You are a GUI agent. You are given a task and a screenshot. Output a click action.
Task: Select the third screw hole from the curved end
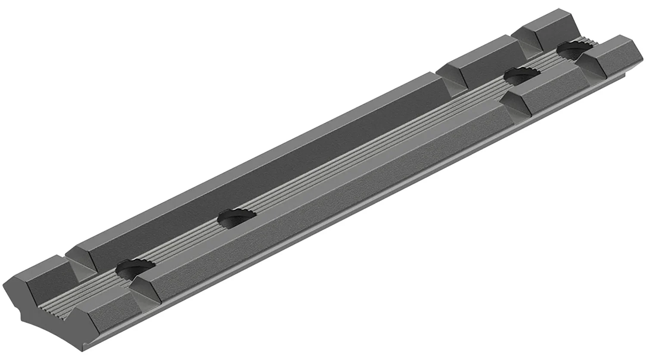pos(521,77)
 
